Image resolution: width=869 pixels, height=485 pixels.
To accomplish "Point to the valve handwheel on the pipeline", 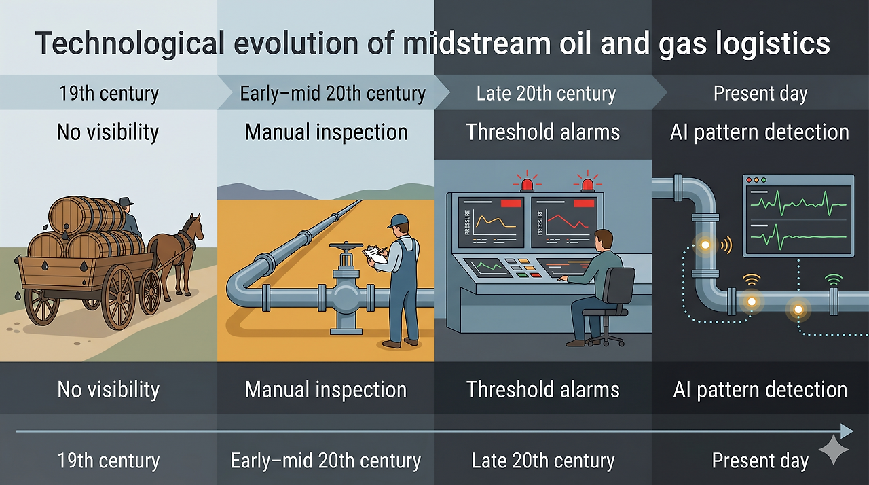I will click(346, 248).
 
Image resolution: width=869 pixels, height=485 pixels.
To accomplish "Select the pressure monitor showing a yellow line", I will click(490, 222).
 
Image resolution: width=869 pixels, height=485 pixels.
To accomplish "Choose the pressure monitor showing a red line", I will click(563, 222).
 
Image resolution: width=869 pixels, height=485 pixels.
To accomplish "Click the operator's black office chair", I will click(614, 299).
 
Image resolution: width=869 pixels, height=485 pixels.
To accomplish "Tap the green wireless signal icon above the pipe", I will click(833, 279).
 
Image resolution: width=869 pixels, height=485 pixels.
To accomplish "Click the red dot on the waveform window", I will click(749, 180).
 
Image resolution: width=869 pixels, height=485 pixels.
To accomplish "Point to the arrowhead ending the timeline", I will click(846, 431).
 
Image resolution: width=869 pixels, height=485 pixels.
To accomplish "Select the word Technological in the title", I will click(130, 43).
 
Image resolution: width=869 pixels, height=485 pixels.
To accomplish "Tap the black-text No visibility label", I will click(108, 131).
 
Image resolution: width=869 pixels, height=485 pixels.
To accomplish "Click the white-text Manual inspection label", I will click(325, 390).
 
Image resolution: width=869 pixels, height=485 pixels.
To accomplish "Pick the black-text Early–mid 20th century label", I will click(333, 93).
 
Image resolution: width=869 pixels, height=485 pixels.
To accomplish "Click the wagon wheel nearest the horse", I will click(150, 291).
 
